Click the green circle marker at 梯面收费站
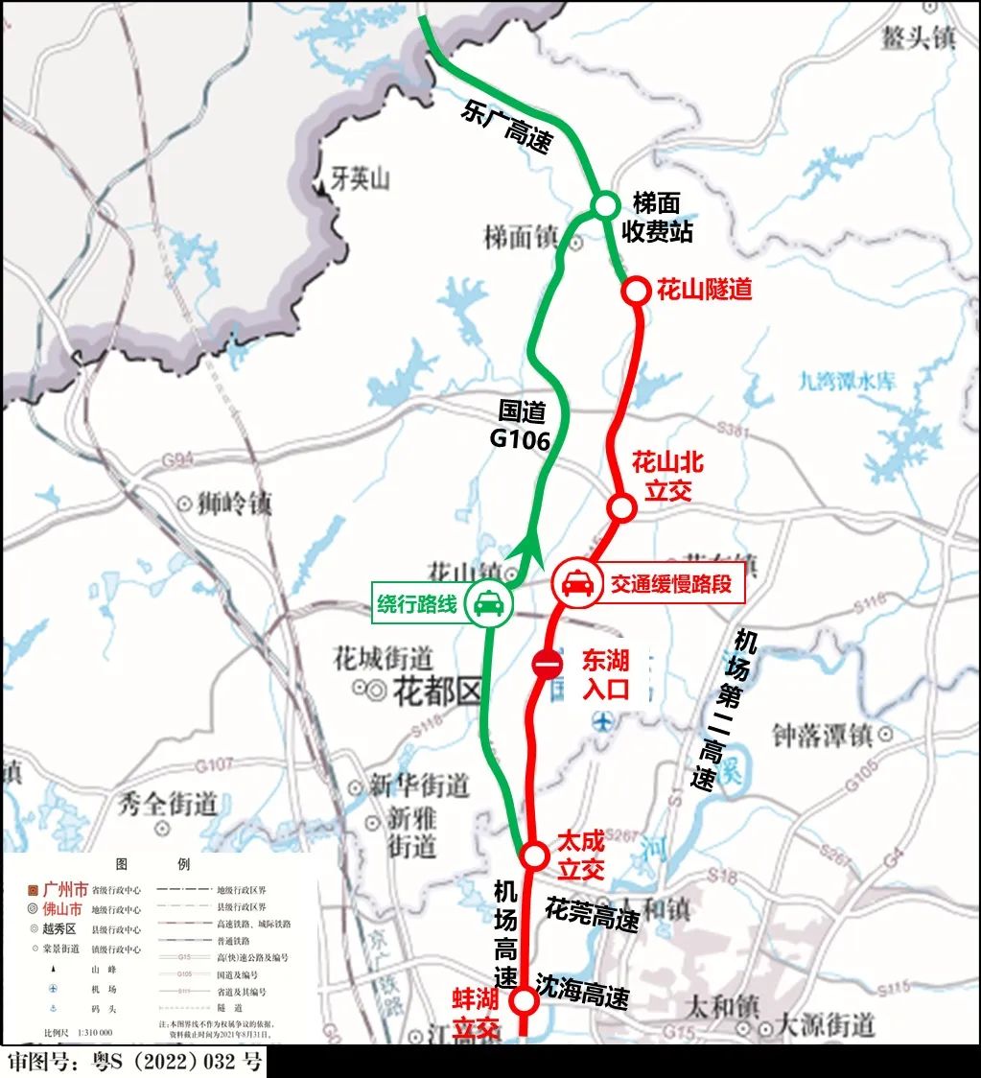click(x=605, y=206)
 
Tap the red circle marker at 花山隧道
click(x=635, y=291)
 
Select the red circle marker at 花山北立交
click(x=622, y=507)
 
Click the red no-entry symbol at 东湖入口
click(x=547, y=664)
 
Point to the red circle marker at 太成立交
click(x=533, y=855)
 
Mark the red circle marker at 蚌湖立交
click(x=525, y=1001)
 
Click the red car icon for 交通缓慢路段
click(x=576, y=583)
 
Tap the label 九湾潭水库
click(x=847, y=381)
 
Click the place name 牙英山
click(x=360, y=179)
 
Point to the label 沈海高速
click(x=582, y=992)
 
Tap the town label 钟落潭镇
click(x=822, y=735)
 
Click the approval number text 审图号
click(x=134, y=1063)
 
